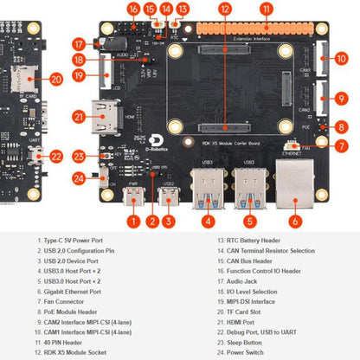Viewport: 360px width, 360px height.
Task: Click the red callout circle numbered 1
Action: (x=132, y=220)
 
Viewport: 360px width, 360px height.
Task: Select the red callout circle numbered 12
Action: (x=225, y=10)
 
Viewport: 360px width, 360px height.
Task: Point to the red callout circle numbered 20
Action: (x=56, y=79)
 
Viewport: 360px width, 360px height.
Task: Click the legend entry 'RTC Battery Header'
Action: (x=238, y=240)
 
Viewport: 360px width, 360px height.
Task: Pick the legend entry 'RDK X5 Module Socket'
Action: (x=73, y=353)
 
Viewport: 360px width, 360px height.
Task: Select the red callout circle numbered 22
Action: (x=56, y=157)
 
